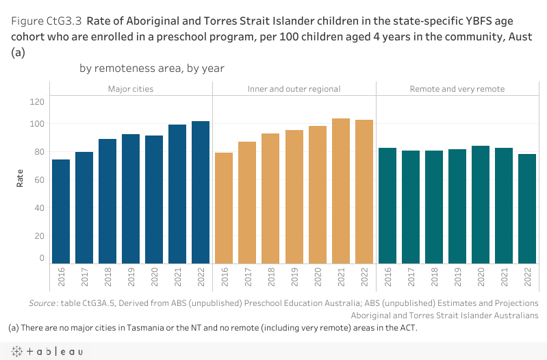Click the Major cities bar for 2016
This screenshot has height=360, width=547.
(x=61, y=211)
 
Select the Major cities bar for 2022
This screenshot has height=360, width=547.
(x=201, y=192)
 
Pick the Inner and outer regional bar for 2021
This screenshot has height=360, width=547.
(x=341, y=191)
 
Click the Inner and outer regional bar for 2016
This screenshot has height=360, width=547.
(x=225, y=208)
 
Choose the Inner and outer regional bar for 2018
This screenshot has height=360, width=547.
(x=271, y=198)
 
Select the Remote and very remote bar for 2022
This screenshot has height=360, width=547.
(x=527, y=209)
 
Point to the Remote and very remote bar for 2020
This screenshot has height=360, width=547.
(x=481, y=205)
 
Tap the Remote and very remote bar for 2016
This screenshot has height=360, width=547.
(x=387, y=205)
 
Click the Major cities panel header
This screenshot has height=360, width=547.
(x=131, y=89)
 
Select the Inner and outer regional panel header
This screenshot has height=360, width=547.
(x=294, y=89)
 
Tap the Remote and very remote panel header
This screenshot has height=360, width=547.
(x=457, y=89)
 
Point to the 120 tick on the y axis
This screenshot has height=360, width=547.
(x=38, y=102)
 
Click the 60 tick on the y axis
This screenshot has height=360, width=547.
(x=40, y=180)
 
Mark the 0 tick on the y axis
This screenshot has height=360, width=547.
(x=42, y=259)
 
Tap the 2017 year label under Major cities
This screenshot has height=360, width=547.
(x=84, y=276)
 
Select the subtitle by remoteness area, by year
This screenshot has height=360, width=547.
(x=152, y=68)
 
